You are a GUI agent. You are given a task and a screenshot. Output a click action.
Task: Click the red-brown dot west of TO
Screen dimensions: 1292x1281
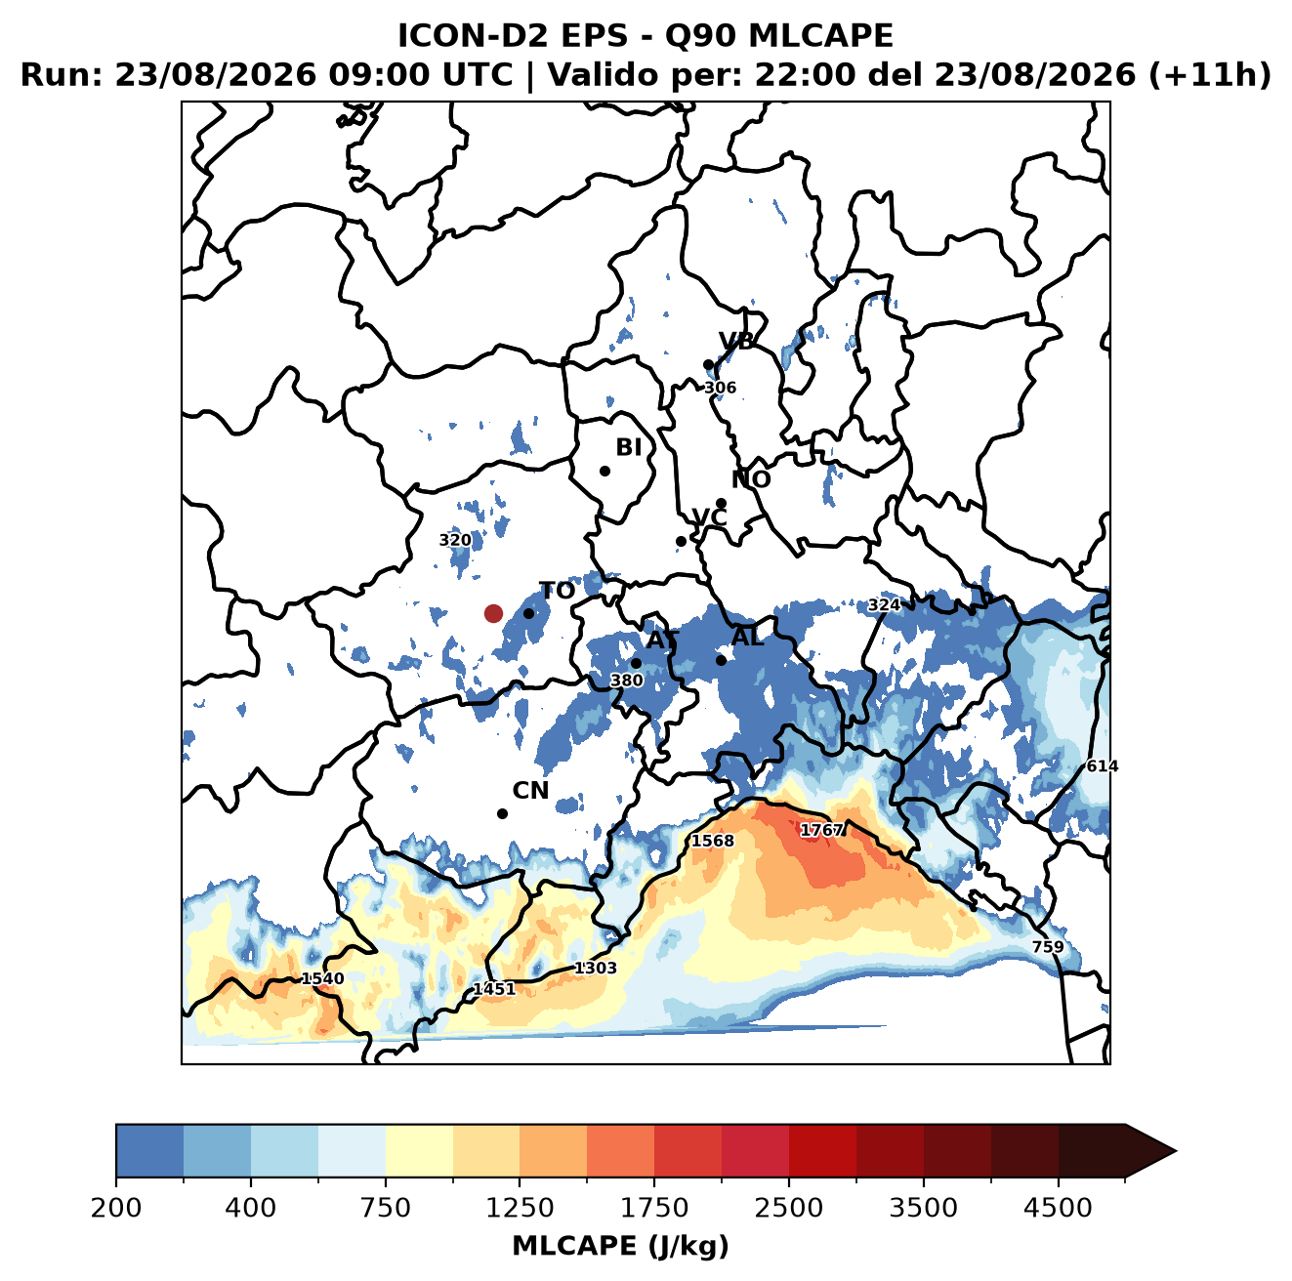493,613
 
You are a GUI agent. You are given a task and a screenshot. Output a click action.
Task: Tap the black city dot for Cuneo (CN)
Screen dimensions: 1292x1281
502,813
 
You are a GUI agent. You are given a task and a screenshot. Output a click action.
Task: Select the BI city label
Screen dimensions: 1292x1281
628,447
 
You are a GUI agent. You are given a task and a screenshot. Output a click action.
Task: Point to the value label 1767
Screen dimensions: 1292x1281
821,831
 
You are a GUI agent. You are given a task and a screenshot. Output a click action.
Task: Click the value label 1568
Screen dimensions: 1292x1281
713,842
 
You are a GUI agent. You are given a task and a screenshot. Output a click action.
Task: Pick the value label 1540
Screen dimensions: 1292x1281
322,978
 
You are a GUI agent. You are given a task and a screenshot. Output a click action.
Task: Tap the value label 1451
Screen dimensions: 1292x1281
494,989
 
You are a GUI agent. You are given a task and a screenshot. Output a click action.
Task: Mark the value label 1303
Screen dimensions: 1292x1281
596,968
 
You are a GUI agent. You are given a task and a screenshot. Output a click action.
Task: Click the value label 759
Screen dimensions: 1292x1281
1048,946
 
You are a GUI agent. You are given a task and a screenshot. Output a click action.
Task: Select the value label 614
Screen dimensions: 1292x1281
1103,765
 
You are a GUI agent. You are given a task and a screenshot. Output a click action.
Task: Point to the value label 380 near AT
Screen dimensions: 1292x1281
627,681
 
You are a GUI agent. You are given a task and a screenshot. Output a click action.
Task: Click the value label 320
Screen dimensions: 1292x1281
455,540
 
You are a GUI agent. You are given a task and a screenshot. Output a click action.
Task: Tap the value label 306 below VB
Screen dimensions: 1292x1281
720,388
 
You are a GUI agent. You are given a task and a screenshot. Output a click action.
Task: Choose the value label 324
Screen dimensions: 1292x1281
885,605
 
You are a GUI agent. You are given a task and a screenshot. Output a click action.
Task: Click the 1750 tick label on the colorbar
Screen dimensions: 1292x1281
653,1207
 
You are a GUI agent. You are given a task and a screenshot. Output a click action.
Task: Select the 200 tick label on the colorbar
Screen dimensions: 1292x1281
116,1207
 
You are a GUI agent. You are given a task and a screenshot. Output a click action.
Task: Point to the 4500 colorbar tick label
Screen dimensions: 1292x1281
1058,1207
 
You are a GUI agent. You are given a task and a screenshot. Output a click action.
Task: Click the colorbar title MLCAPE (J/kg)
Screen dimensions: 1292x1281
620,1246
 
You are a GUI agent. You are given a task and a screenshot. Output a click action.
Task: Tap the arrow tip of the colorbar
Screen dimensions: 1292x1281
1176,1152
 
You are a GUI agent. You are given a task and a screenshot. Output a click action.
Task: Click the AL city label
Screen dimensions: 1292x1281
747,637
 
